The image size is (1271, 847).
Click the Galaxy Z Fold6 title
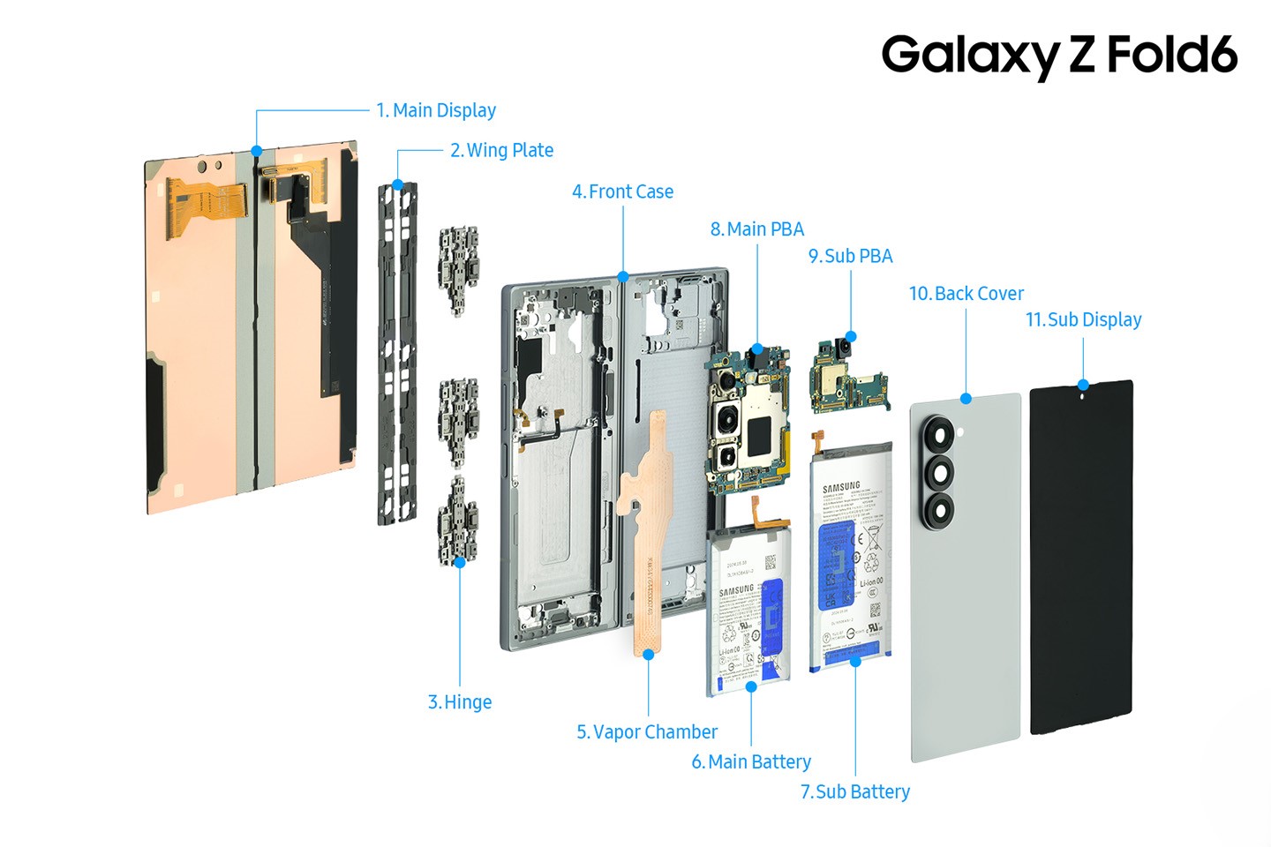coord(1058,55)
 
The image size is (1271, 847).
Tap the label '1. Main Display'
coord(435,110)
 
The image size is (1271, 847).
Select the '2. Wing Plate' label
coord(501,150)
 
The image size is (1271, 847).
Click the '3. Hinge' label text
coord(460,702)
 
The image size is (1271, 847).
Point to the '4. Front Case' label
coord(622,191)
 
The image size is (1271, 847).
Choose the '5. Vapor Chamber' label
coord(647,732)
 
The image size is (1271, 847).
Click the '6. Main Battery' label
coord(751,761)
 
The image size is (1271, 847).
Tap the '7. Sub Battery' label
coord(854,791)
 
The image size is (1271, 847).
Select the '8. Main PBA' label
coord(757,229)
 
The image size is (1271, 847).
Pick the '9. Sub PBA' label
coord(851,256)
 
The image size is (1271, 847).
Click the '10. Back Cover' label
coord(966,293)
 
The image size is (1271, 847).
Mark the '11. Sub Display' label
coord(1083,319)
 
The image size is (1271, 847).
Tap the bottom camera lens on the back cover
coord(938,509)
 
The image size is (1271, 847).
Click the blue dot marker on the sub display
coord(1083,385)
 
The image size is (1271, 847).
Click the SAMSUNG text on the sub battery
coord(841,487)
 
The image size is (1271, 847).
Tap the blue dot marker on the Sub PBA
coord(851,336)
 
